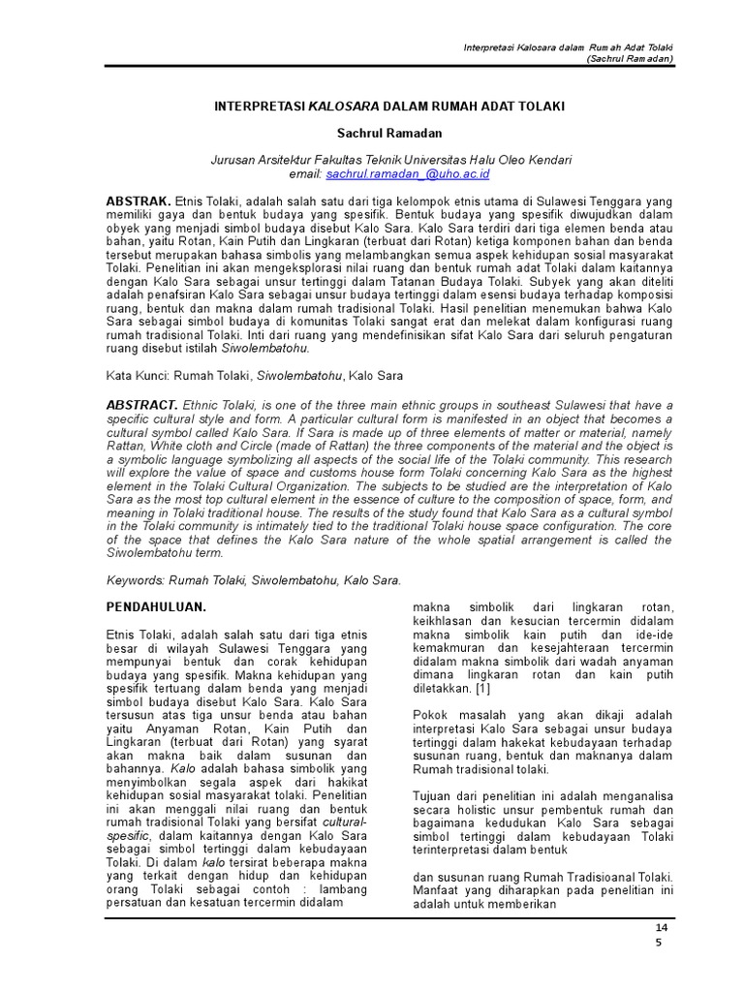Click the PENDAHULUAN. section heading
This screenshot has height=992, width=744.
coord(155,606)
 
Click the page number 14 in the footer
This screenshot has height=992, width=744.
coord(663,928)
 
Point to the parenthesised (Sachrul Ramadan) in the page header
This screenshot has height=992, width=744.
coord(630,58)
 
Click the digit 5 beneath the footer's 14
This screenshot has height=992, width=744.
coord(658,945)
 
